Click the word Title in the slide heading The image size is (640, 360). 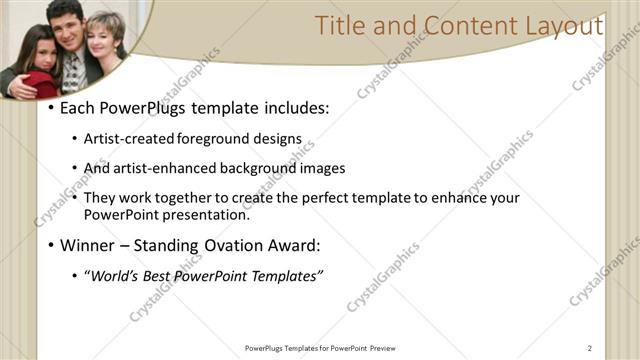(337, 26)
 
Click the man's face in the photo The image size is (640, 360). (65, 22)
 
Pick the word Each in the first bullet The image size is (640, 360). (78, 107)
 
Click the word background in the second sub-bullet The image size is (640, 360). (255, 168)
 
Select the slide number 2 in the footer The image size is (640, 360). (590, 348)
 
